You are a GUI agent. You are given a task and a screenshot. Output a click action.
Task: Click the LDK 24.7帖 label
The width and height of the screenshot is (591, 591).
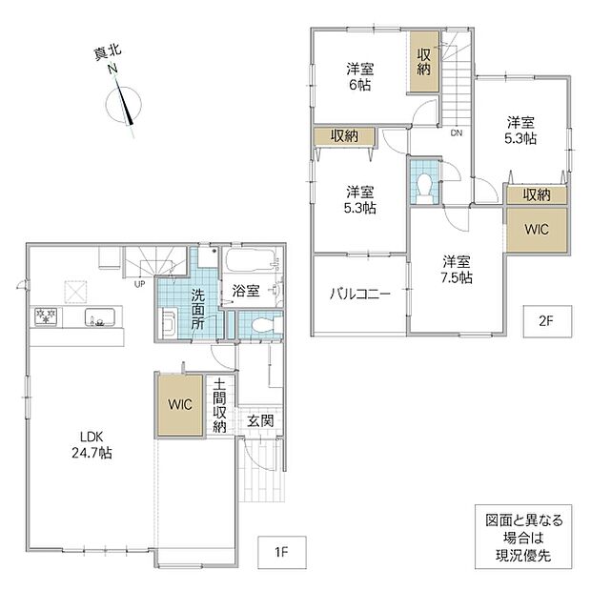pyautogui.click(x=92, y=445)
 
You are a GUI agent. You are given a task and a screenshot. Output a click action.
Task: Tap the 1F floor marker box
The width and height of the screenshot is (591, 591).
pyautogui.click(x=281, y=552)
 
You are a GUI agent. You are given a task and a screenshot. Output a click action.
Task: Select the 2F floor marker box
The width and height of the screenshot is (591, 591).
pyautogui.click(x=547, y=321)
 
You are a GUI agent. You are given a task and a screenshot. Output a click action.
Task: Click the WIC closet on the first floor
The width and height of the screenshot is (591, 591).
pyautogui.click(x=180, y=405)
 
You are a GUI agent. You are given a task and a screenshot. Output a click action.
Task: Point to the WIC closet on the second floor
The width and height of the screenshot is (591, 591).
pyautogui.click(x=537, y=229)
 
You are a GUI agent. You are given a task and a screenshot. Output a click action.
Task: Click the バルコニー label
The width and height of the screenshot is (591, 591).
pyautogui.click(x=360, y=294)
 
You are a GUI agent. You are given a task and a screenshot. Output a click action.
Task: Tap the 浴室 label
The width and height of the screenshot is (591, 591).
pyautogui.click(x=246, y=291)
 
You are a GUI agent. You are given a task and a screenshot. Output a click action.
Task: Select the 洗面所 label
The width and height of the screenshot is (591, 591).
pyautogui.click(x=198, y=310)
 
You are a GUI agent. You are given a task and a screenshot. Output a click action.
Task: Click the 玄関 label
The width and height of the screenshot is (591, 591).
pyautogui.click(x=260, y=420)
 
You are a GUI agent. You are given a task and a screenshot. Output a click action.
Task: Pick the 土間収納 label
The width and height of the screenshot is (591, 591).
pyautogui.click(x=219, y=405)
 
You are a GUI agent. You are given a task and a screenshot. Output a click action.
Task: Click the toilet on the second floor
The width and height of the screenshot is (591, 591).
pyautogui.click(x=425, y=185)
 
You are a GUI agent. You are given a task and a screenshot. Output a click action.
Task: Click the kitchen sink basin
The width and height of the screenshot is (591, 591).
pyautogui.click(x=99, y=317)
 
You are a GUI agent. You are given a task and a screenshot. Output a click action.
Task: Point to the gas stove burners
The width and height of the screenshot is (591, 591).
pyautogui.click(x=46, y=316)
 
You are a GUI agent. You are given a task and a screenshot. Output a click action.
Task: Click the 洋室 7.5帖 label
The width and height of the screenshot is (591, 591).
pyautogui.click(x=457, y=270)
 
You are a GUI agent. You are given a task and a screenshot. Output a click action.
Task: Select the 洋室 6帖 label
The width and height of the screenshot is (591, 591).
pyautogui.click(x=360, y=77)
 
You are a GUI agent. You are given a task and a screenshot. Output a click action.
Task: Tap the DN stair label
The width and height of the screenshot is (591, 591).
pyautogui.click(x=457, y=133)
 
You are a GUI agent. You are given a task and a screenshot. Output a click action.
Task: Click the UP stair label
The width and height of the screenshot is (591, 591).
pyautogui.click(x=139, y=284)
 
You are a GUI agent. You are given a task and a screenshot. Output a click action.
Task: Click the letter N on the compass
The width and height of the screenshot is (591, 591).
pyautogui.click(x=112, y=69)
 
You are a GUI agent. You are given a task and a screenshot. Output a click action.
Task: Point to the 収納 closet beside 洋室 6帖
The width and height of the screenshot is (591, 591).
pyautogui.click(x=424, y=62)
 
